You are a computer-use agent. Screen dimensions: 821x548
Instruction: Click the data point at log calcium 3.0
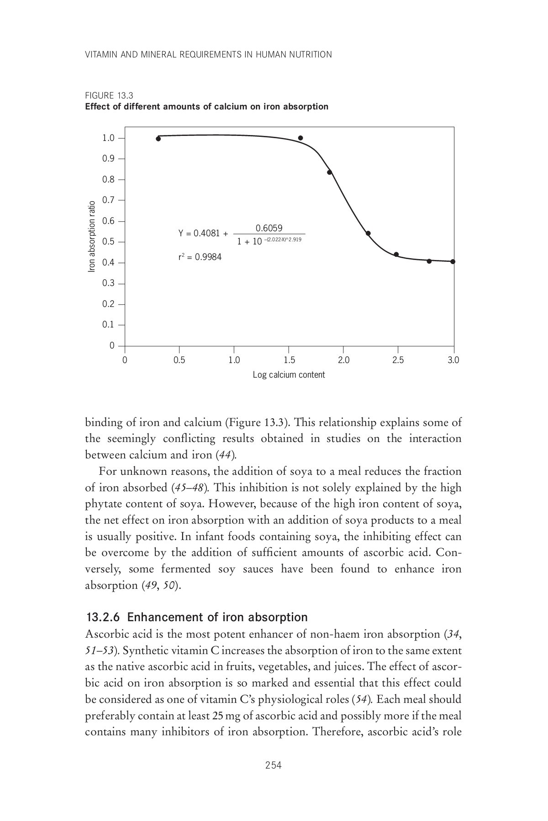pos(453,261)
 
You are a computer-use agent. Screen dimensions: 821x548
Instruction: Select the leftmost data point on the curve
pos(158,139)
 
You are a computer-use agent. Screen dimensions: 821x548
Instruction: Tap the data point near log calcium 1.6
pos(300,138)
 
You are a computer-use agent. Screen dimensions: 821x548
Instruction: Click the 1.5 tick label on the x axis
pos(289,360)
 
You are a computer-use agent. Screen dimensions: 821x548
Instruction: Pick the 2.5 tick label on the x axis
pos(398,360)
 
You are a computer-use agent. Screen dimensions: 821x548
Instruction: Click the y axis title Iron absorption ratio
pos(92,237)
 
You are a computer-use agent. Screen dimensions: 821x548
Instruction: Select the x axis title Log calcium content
pos(289,375)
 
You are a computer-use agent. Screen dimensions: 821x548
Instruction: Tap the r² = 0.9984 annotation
pos(200,257)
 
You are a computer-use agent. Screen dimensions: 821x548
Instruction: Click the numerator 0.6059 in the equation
pos(269,228)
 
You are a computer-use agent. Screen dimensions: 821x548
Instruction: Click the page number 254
pos(274,765)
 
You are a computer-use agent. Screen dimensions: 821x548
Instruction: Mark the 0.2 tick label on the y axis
pos(108,304)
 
